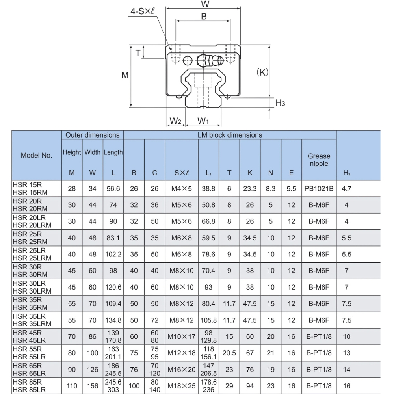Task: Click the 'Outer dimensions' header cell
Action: point(92,135)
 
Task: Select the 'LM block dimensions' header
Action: point(230,135)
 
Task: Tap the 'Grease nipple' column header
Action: point(319,160)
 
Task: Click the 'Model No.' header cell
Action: point(36,155)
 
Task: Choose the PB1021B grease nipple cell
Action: point(319,189)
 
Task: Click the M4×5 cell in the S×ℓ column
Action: point(181,189)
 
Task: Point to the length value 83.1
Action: point(113,238)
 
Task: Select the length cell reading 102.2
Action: point(113,255)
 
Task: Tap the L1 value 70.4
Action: point(208,271)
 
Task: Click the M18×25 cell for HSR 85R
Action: point(181,386)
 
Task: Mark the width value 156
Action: point(92,386)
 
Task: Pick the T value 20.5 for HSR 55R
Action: point(229,353)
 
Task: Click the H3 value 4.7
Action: point(346,189)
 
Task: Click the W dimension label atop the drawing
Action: point(204,4)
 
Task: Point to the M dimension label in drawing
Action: point(125,75)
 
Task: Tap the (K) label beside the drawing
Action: point(262,72)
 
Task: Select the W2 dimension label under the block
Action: point(175,120)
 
